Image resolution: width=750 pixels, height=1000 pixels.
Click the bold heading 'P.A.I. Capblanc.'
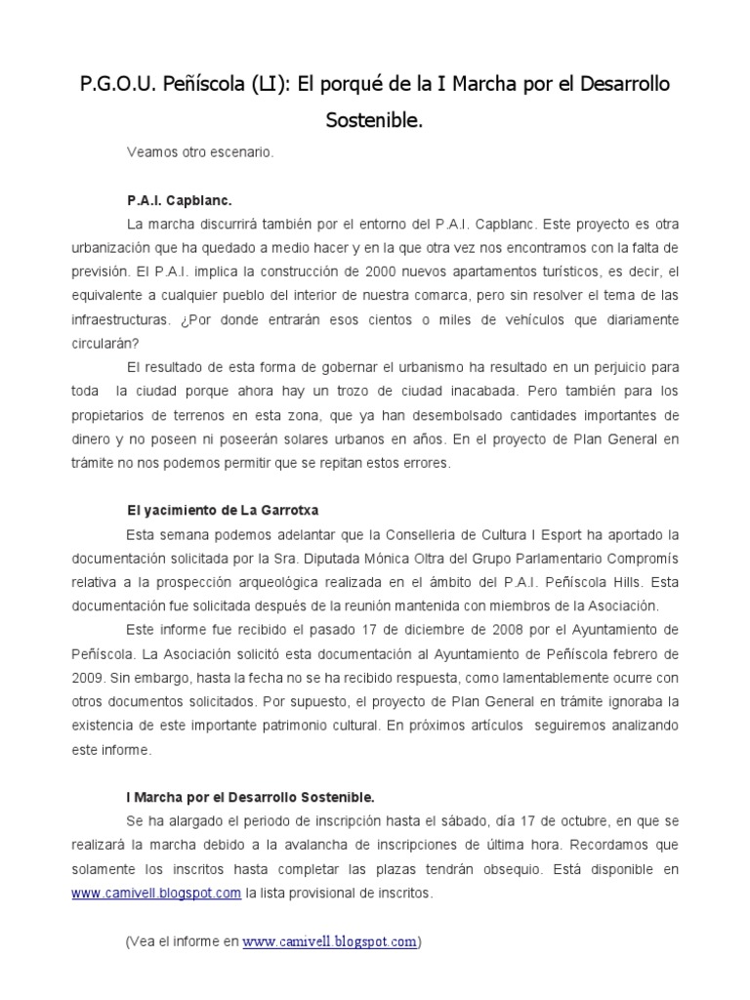180,200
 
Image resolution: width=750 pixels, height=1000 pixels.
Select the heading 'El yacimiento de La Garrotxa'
224,510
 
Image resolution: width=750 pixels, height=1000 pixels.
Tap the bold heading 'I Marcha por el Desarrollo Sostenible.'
251,797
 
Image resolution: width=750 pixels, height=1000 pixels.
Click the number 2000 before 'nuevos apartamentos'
374,271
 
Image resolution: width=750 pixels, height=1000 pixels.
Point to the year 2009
90,678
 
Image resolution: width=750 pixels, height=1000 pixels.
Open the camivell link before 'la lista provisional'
156,893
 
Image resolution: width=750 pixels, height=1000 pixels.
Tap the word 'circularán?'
105,343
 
